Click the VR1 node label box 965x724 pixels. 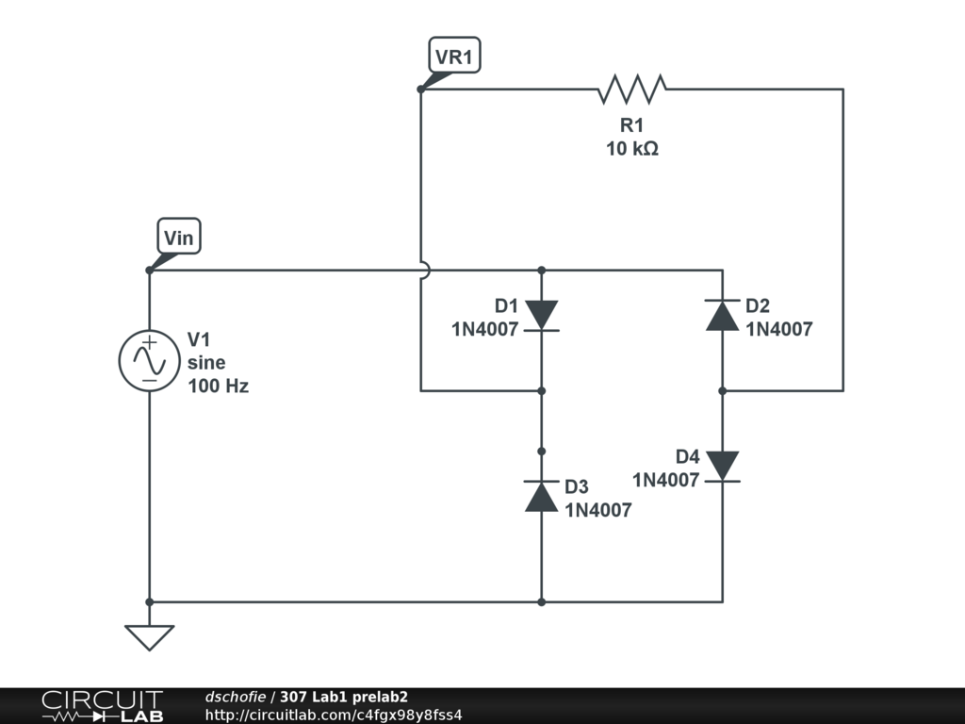pos(455,56)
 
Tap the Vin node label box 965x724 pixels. pos(179,236)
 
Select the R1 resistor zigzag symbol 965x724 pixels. pos(631,90)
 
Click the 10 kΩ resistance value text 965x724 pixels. pos(632,148)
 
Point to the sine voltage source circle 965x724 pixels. pos(150,361)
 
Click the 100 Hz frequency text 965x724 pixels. pos(218,386)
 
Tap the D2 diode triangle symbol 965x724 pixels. pos(723,315)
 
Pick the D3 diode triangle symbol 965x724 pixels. pos(542,496)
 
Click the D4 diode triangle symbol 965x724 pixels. pos(723,466)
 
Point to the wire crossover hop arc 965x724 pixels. pos(426,271)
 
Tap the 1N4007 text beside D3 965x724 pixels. pos(598,510)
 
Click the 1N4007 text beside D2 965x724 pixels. pos(779,329)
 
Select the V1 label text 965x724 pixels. pos(199,339)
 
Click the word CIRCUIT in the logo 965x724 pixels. pos(102,700)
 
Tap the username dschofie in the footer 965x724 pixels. pos(235,697)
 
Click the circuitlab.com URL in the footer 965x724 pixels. pos(334,715)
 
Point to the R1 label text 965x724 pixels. pos(632,125)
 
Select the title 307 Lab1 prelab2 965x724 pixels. pos(343,697)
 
